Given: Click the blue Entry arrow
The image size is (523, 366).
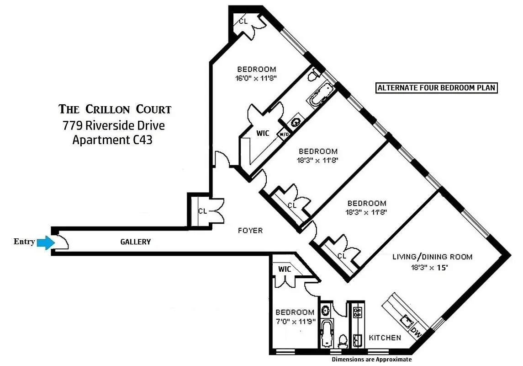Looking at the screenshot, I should click(45, 243).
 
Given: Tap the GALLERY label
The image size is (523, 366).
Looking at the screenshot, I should click(135, 242).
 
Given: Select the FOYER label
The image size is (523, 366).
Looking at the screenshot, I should click(250, 230).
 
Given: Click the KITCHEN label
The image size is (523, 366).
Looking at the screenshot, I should click(385, 338).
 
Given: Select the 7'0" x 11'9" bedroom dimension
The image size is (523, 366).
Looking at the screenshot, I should click(295, 321).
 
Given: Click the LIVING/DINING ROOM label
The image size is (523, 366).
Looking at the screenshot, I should click(432, 257).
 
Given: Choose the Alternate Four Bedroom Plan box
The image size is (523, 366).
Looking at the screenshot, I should click(436, 88).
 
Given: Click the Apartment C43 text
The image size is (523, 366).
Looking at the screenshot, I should click(112, 140).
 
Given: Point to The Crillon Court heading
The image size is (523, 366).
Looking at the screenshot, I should click(115, 109).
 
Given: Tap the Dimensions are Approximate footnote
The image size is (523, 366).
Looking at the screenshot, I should click(371, 360).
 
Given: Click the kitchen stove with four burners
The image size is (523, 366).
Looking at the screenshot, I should click(358, 312).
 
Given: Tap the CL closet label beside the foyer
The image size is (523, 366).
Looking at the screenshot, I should click(202, 211).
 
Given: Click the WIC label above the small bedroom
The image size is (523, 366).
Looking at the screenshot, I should click(285, 269).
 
